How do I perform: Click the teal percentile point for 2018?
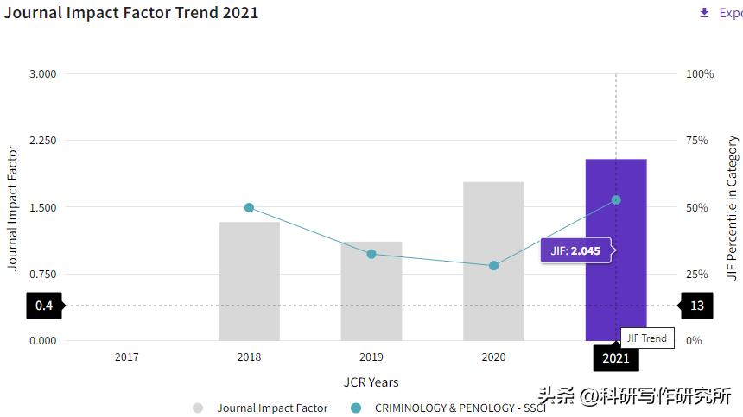(x=249, y=207)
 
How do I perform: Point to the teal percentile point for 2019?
(x=371, y=254)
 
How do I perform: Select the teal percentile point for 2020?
(x=493, y=266)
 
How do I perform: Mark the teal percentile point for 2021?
(x=616, y=199)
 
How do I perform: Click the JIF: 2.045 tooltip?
(x=575, y=251)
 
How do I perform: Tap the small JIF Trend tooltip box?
(x=646, y=338)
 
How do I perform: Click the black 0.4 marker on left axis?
(x=44, y=306)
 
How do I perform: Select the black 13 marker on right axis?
(x=696, y=306)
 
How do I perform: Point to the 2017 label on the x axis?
(x=126, y=357)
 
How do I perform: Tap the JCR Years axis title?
(x=371, y=382)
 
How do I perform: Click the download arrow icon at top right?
(x=704, y=13)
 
